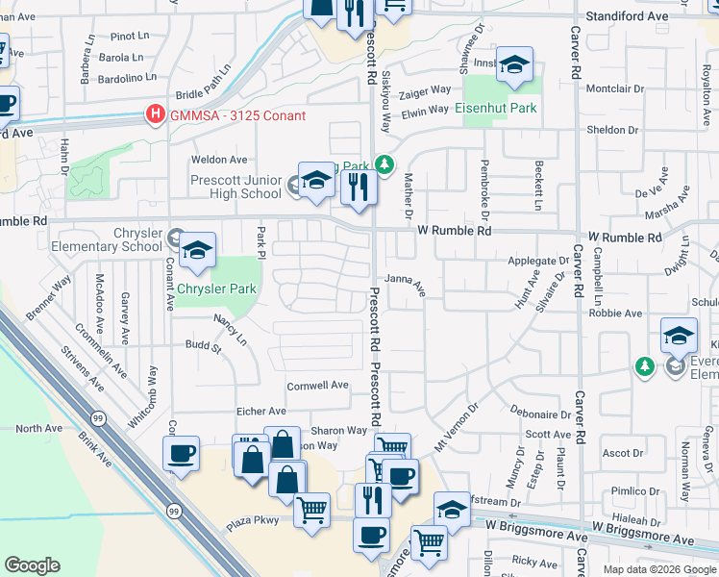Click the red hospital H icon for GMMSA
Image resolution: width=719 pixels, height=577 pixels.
154,115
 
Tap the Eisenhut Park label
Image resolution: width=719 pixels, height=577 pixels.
496,109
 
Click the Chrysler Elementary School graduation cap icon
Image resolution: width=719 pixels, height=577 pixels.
197,251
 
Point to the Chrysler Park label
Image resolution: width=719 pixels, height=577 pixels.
217,288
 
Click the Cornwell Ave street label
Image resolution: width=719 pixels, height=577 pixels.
317,386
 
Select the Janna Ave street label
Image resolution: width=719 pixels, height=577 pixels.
405,282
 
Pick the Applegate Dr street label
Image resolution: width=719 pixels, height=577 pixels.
538,262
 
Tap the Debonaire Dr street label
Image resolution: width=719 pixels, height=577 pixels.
540,415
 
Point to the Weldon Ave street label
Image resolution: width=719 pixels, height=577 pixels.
219,161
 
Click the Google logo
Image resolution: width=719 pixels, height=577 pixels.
32,565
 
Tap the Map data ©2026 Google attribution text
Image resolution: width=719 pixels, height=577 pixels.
658,569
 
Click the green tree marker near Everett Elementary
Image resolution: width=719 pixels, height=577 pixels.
645,366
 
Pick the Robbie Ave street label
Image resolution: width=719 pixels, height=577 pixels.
615,314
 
